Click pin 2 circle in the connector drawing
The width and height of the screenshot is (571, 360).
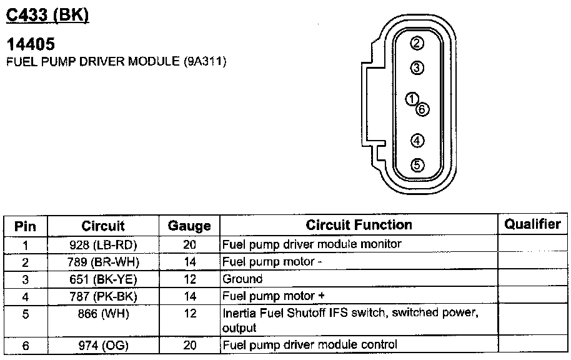pos(417,43)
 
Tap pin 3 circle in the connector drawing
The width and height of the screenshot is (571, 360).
pos(417,67)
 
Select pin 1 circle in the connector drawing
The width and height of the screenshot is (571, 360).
pos(411,99)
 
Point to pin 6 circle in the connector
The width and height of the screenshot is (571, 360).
pos(422,109)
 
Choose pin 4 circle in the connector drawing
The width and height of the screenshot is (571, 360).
pos(417,140)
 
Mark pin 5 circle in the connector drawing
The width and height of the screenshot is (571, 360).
pos(417,165)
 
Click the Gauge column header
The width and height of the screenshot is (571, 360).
pos(189,226)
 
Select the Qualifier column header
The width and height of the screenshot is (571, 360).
pos(532,224)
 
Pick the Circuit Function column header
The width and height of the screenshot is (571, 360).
pos(359,224)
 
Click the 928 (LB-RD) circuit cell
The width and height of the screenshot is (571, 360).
pos(103,244)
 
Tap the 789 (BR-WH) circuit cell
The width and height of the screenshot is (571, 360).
pos(103,262)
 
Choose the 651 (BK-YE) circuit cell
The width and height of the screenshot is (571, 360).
pos(103,279)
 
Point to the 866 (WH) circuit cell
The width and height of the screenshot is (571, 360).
pos(103,314)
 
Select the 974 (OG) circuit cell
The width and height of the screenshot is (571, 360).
pos(103,344)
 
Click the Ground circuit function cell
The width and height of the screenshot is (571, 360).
pos(242,279)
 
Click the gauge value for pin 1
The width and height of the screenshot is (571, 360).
pos(190,244)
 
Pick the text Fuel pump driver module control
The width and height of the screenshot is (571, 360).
pos(309,344)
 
